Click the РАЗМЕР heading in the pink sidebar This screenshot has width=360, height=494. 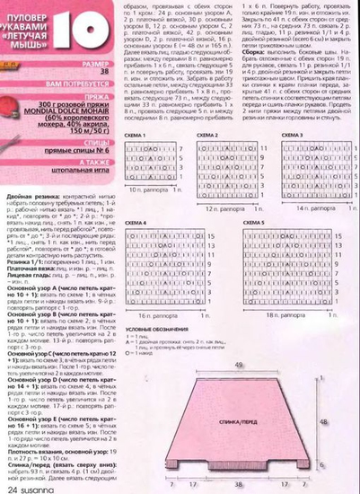(x=100, y=64)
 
